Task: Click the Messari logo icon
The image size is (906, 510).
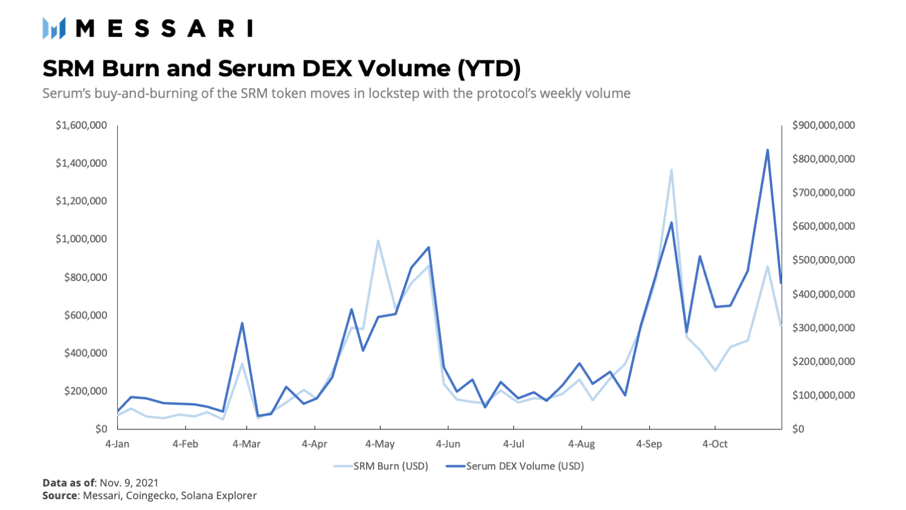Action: click(x=54, y=28)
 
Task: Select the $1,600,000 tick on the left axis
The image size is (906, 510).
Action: click(x=81, y=125)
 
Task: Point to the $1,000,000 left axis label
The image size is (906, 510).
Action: click(x=81, y=239)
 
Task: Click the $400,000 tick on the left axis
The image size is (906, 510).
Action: click(x=85, y=353)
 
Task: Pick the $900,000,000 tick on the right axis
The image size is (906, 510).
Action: click(x=823, y=125)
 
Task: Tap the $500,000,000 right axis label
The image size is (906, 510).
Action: click(x=823, y=260)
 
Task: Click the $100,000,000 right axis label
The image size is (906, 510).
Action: click(x=823, y=395)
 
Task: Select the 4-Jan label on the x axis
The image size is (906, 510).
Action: click(x=117, y=444)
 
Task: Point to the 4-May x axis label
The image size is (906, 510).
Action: click(x=380, y=444)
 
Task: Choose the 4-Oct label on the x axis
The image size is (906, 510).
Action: click(x=715, y=444)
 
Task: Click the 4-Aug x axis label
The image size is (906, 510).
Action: click(x=581, y=444)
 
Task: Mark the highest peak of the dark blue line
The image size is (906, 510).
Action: click(x=768, y=150)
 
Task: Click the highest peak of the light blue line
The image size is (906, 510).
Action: click(x=671, y=170)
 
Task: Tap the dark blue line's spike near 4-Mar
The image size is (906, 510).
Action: click(x=242, y=323)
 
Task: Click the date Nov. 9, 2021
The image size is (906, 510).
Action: click(x=129, y=482)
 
